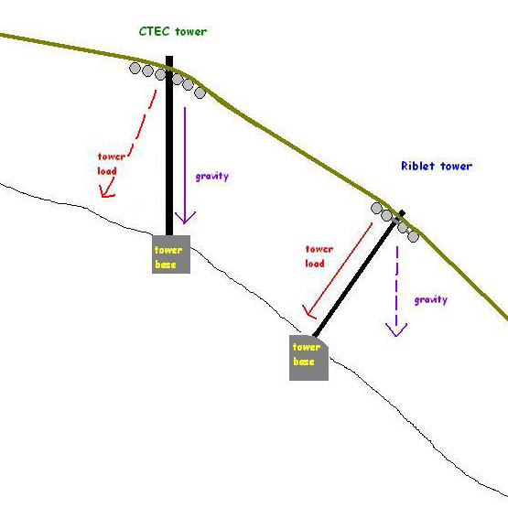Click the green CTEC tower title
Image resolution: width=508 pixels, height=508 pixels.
pyautogui.click(x=173, y=31)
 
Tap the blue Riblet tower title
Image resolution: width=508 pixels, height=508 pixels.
pyautogui.click(x=437, y=166)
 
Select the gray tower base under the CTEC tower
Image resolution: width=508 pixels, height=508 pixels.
pyautogui.click(x=171, y=254)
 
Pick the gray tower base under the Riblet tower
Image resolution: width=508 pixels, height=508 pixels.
pyautogui.click(x=308, y=358)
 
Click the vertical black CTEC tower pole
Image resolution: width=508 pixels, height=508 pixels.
pyautogui.click(x=169, y=146)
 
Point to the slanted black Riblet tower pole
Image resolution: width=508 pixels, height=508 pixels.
pyautogui.click(x=358, y=275)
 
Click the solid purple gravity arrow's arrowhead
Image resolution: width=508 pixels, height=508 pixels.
pyautogui.click(x=185, y=218)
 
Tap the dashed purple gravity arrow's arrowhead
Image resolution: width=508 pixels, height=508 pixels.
pyautogui.click(x=396, y=330)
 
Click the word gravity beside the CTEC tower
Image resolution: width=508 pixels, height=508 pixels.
pyautogui.click(x=212, y=176)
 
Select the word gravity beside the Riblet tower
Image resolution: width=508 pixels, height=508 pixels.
pyautogui.click(x=431, y=299)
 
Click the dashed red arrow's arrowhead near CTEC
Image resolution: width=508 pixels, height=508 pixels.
pyautogui.click(x=105, y=191)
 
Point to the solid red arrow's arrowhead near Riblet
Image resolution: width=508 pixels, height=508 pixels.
pyautogui.click(x=308, y=311)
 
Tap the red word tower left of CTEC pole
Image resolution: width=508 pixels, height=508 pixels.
pyautogui.click(x=112, y=157)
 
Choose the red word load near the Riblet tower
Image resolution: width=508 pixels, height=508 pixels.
pyautogui.click(x=315, y=264)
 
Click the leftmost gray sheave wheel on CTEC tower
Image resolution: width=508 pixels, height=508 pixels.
pyautogui.click(x=135, y=68)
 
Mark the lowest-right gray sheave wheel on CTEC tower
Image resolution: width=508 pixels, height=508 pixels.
pyautogui.click(x=200, y=93)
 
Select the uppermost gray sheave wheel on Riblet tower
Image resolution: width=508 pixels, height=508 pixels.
pyautogui.click(x=376, y=208)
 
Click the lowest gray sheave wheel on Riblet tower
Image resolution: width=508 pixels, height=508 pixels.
pyautogui.click(x=413, y=236)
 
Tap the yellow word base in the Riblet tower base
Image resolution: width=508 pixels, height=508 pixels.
pyautogui.click(x=304, y=362)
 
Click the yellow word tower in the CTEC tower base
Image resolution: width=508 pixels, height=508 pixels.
pyautogui.click(x=168, y=250)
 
